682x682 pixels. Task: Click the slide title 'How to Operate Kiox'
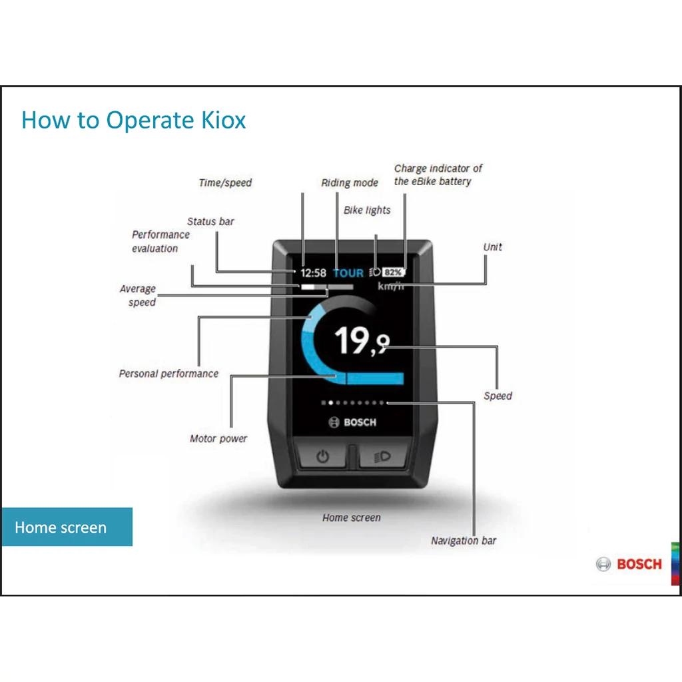(133, 121)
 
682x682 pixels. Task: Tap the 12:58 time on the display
(313, 272)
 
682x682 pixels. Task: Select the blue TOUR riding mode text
(348, 272)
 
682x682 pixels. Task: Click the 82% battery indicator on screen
(393, 272)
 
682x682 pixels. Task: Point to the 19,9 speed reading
(362, 340)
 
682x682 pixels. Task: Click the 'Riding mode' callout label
(350, 182)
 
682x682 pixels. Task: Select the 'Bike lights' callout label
(367, 210)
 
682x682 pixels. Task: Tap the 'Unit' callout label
(492, 247)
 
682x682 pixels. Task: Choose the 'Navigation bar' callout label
(464, 541)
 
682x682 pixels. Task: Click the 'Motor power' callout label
(218, 438)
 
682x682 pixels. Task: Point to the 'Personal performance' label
(169, 374)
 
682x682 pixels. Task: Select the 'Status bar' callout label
(210, 221)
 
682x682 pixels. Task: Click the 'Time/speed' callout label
(225, 182)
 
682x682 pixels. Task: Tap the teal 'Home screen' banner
(67, 527)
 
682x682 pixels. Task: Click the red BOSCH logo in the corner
(629, 564)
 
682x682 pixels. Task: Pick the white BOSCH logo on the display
(352, 422)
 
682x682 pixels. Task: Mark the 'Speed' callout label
(498, 396)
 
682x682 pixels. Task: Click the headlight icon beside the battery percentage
(375, 272)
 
